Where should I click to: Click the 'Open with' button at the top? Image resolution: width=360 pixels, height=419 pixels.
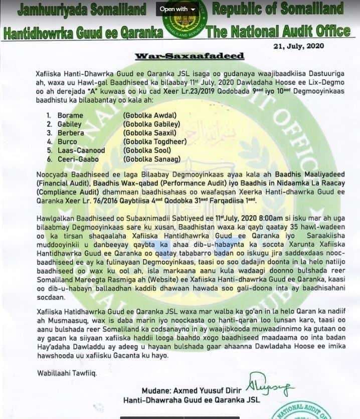177,9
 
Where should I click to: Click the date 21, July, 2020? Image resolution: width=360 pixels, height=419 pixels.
299,46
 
